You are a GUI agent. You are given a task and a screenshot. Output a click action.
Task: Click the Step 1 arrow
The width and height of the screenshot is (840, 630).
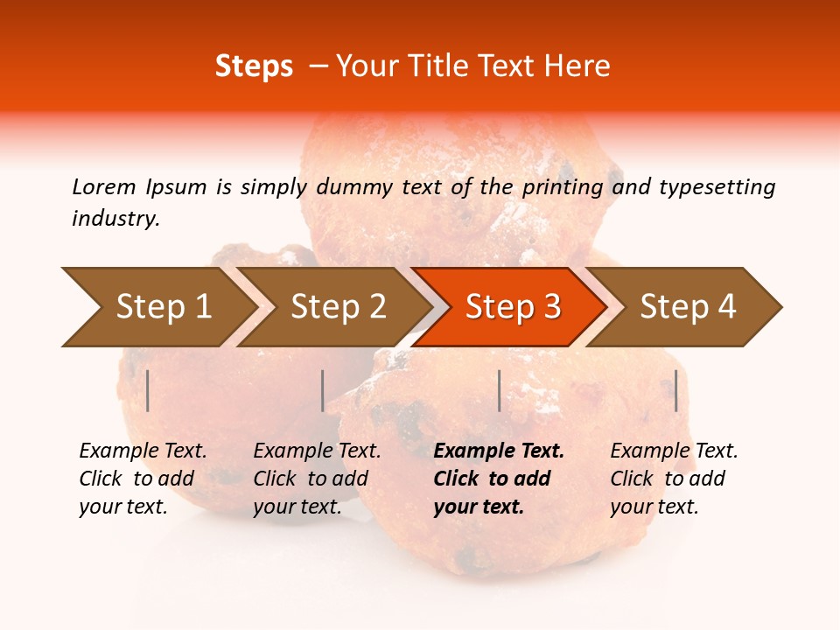(x=157, y=307)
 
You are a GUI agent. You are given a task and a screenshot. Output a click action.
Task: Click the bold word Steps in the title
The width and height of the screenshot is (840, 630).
(x=254, y=66)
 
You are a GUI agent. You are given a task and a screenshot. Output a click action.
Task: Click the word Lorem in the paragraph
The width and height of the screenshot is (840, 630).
(x=103, y=186)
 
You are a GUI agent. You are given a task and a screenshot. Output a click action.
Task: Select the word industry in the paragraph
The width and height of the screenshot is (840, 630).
(x=115, y=218)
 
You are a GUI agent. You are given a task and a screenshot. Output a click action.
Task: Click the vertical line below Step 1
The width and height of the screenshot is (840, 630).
(x=148, y=390)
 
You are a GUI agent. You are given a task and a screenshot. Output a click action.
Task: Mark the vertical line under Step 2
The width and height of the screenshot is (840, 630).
(x=323, y=390)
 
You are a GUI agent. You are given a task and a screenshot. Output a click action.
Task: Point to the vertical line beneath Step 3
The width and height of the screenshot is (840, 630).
(x=499, y=390)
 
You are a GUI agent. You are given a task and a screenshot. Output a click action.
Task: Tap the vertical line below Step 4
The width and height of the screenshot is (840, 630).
(x=675, y=390)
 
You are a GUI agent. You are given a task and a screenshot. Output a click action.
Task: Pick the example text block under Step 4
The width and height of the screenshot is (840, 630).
(x=674, y=479)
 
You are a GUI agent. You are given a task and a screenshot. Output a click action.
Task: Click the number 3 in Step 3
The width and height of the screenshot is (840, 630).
(x=551, y=307)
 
